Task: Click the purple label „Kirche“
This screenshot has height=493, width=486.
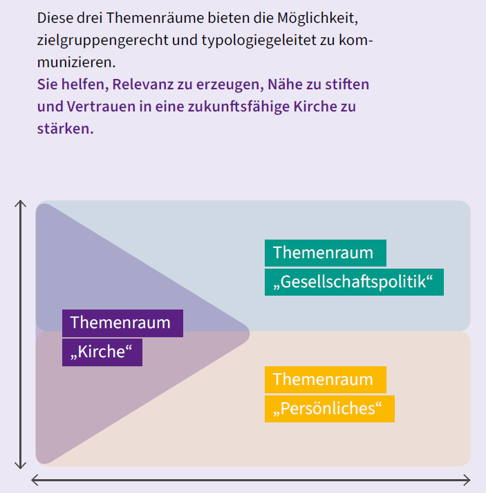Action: tap(102, 352)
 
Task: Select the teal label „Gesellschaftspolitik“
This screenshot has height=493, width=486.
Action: tap(354, 282)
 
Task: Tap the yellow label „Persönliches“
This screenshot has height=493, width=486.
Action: tap(330, 409)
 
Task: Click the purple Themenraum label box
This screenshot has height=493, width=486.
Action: tap(122, 323)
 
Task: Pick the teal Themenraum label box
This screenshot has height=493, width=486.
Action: tap(326, 253)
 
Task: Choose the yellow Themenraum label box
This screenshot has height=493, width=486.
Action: tap(326, 380)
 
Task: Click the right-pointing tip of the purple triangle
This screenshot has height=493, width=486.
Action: tap(250, 334)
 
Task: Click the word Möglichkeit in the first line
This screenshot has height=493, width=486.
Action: tap(317, 18)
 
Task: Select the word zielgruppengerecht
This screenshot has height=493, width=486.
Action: tap(103, 41)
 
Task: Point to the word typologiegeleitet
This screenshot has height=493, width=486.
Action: tap(259, 41)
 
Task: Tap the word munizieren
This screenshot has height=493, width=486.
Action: tap(76, 62)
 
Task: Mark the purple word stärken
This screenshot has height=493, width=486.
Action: tap(65, 129)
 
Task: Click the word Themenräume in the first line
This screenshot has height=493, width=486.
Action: tap(155, 18)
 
